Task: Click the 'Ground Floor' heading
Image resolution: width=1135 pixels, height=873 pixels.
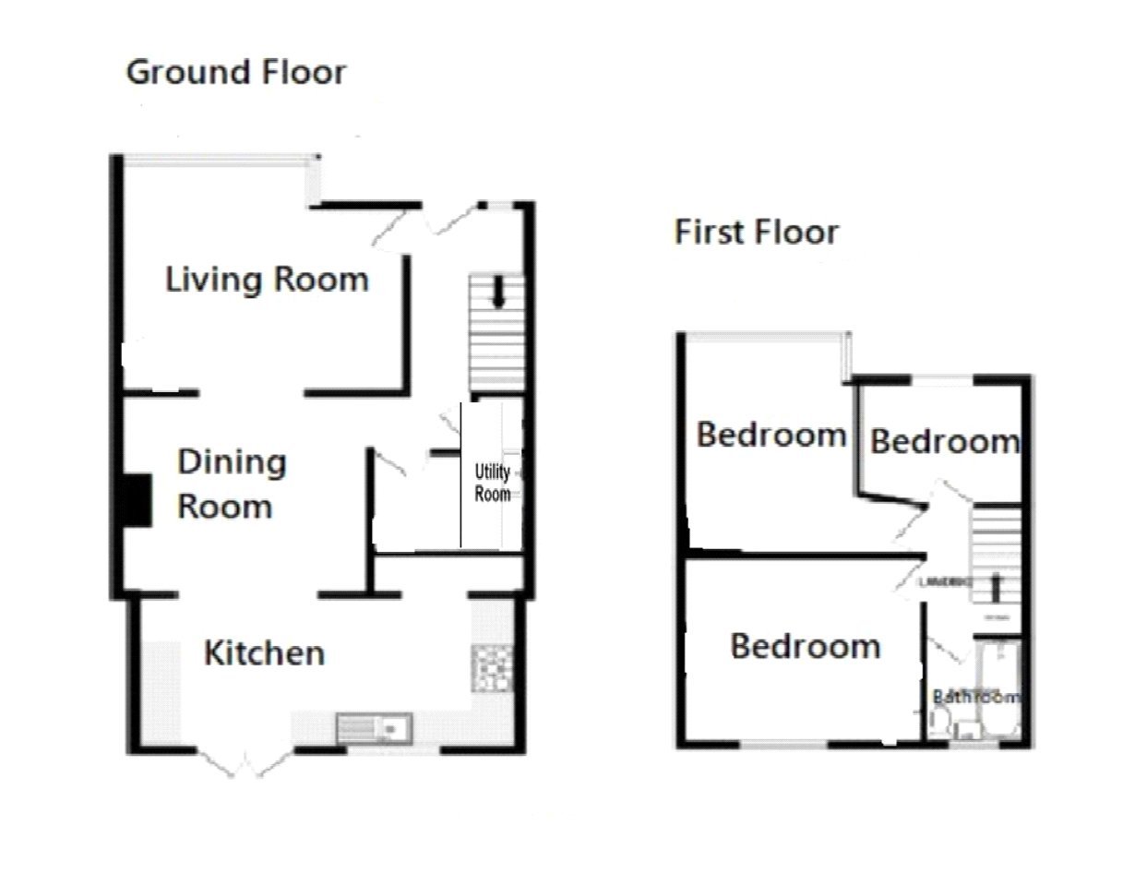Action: click(236, 72)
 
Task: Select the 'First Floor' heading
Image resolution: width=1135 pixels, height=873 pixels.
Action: click(756, 232)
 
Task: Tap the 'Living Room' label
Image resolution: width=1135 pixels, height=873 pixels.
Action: click(267, 279)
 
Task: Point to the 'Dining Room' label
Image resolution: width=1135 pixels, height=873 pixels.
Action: click(225, 484)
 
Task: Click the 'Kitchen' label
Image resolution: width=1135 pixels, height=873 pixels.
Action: click(264, 653)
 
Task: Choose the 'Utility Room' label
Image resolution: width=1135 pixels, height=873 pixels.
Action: click(492, 483)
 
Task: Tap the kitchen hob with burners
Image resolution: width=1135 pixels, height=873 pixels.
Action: click(492, 667)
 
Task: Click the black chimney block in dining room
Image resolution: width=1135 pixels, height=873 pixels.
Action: click(137, 500)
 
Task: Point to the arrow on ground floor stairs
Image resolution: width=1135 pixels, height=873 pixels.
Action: click(498, 293)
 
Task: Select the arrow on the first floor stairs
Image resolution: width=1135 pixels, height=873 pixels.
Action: click(996, 587)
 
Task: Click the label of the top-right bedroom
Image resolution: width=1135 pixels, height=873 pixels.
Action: click(944, 441)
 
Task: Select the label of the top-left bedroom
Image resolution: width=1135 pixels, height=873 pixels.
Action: click(771, 434)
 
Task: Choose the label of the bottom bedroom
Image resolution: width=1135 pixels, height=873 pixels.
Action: click(805, 646)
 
